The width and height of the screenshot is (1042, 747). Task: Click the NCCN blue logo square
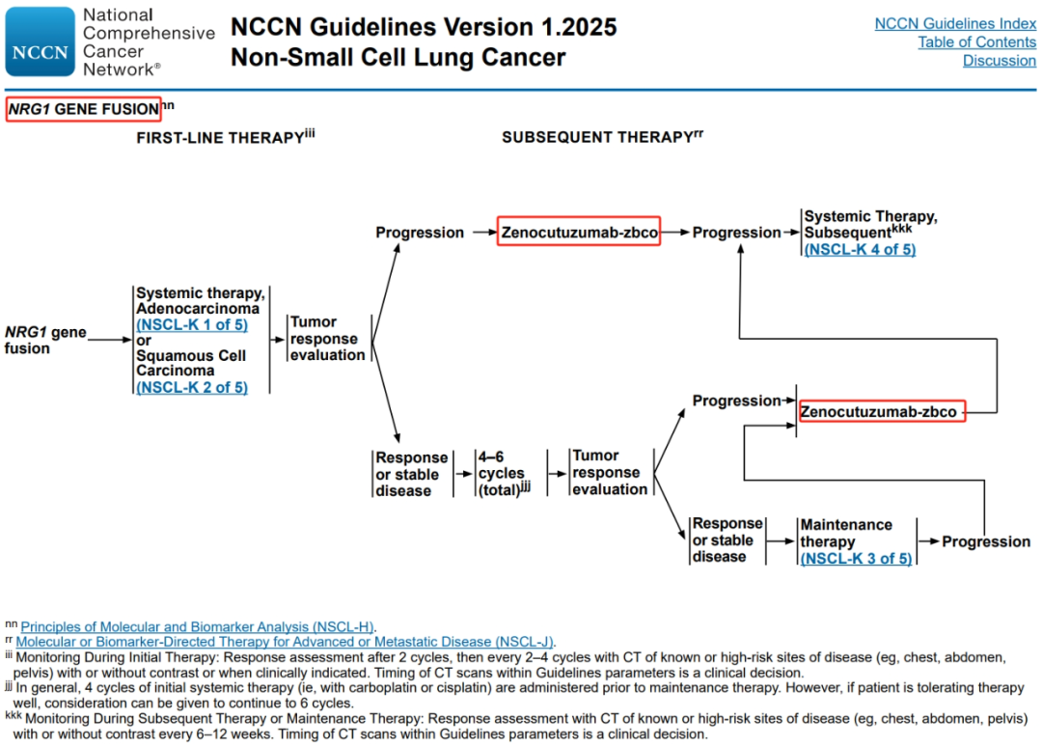point(40,41)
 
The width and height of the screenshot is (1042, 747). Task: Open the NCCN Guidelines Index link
point(955,24)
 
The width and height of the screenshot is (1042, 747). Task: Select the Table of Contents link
point(976,42)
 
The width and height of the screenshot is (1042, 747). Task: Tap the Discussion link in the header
point(1000,61)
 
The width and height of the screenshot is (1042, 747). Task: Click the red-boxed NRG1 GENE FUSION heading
point(84,109)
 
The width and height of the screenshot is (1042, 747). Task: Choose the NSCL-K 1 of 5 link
point(192,325)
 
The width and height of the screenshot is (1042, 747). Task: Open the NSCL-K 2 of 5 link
point(192,387)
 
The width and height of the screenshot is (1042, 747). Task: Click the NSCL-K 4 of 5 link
point(860,250)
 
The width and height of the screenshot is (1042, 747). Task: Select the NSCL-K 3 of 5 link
point(856,559)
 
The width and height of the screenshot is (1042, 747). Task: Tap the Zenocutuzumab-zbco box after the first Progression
point(579,232)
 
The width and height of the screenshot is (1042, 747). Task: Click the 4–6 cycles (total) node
point(503,473)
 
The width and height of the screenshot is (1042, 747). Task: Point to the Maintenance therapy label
point(846,533)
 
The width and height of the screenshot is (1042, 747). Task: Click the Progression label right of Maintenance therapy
point(986,541)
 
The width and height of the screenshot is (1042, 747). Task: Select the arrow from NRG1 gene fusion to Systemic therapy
point(110,340)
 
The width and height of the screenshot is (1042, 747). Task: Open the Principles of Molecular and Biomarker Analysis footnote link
point(198,626)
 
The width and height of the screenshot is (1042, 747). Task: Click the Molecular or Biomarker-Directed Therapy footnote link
point(285,642)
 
